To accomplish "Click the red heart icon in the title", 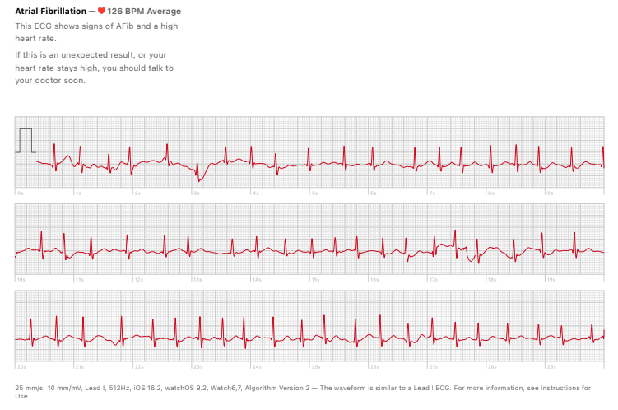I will coord(101,12).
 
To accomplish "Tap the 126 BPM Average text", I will coord(144,12).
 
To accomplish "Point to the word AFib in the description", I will coord(114,26).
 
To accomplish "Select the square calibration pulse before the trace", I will coord(26,141).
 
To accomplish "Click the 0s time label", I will coord(20,193).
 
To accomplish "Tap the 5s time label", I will coord(314,193).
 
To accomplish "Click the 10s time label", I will coord(21,279).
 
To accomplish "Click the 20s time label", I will coord(21,366).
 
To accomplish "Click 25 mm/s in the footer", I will coord(30,387).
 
